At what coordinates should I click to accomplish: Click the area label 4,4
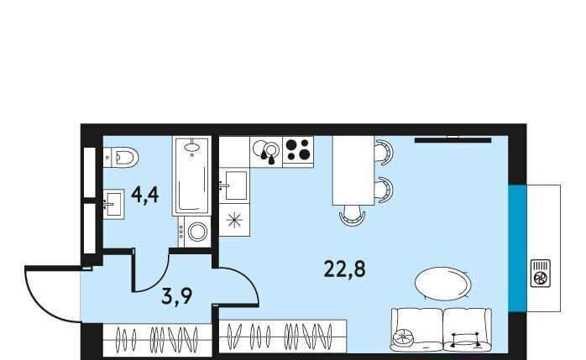[x=145, y=195]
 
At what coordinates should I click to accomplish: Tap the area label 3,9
[x=177, y=295]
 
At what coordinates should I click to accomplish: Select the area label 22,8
[x=344, y=269]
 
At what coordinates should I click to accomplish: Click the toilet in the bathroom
[x=121, y=157]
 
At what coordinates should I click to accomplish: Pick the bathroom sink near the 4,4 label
[x=113, y=204]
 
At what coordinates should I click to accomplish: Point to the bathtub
[x=191, y=175]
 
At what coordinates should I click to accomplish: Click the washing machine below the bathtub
[x=194, y=232]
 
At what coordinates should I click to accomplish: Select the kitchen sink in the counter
[x=234, y=185]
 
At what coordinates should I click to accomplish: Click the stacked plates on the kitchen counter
[x=266, y=150]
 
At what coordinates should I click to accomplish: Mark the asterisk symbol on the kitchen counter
[x=234, y=220]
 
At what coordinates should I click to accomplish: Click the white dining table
[x=353, y=170]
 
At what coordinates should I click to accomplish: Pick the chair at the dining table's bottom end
[x=352, y=217]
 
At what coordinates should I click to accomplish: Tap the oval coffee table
[x=443, y=284]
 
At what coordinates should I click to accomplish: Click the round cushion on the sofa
[x=402, y=337]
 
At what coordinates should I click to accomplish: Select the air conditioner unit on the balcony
[x=541, y=273]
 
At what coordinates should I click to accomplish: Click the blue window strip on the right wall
[x=517, y=248]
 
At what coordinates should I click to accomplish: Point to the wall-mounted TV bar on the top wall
[x=453, y=140]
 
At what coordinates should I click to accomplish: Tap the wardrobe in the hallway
[x=157, y=340]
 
